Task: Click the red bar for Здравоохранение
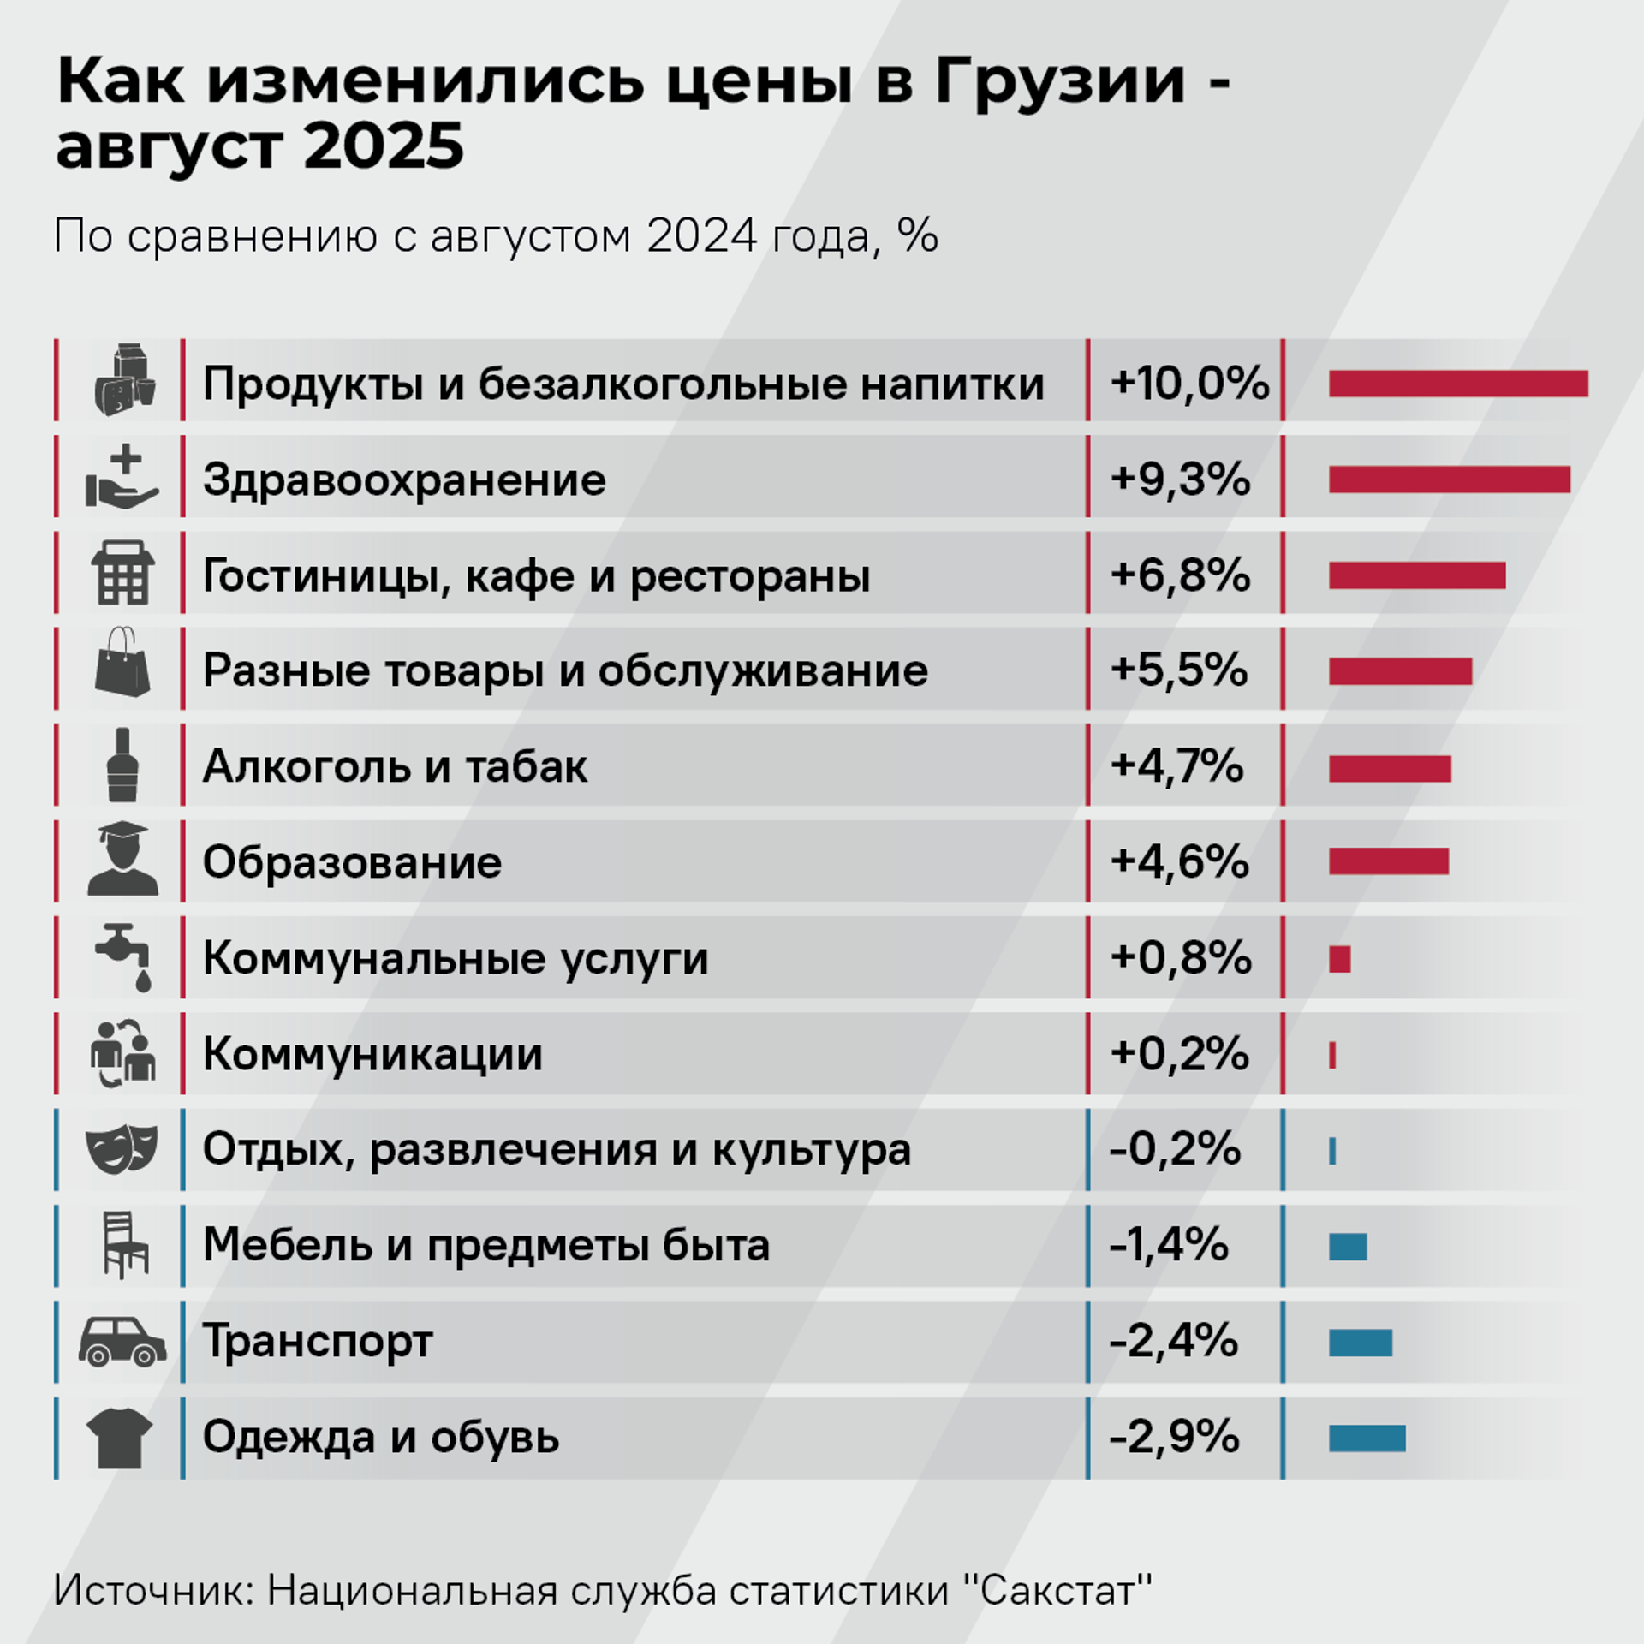pos(1449,479)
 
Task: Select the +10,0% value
pos(1188,383)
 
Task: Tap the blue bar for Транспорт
pos(1360,1343)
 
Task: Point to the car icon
pos(122,1341)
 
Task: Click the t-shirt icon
pos(120,1438)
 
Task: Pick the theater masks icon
pos(122,1149)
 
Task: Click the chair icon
pos(124,1245)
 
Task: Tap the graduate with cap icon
pos(122,860)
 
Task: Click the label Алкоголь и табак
pos(395,766)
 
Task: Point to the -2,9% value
pos(1174,1438)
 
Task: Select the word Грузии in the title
pos(1059,82)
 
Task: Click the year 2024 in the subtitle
pos(701,235)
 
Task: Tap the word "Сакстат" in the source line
pos(1057,1590)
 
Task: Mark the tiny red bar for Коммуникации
pos(1332,1055)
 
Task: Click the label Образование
pos(352,862)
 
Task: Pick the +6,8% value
pos(1180,575)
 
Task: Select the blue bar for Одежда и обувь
pos(1367,1438)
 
